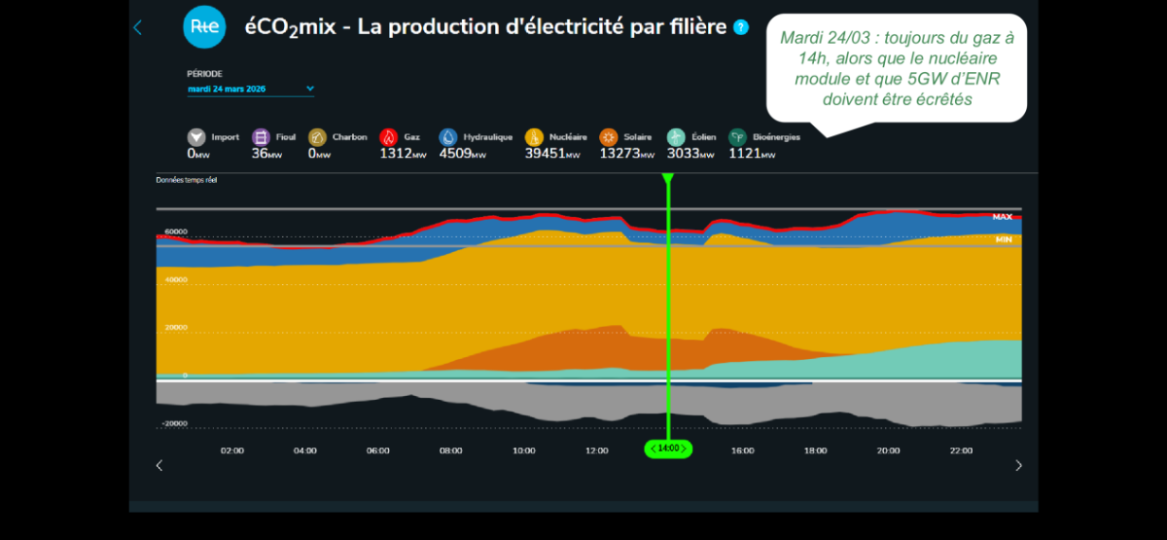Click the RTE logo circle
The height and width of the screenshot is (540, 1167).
pyautogui.click(x=204, y=27)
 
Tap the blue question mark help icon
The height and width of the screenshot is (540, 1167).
pyautogui.click(x=741, y=27)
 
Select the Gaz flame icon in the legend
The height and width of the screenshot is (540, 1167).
pyautogui.click(x=389, y=137)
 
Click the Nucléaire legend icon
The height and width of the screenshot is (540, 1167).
pyautogui.click(x=534, y=137)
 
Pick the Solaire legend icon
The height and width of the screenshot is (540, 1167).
pyautogui.click(x=609, y=137)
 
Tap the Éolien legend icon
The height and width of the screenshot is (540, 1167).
pyautogui.click(x=676, y=137)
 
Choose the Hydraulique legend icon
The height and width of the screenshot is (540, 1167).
pyautogui.click(x=448, y=137)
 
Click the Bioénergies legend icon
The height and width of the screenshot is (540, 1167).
pyautogui.click(x=738, y=137)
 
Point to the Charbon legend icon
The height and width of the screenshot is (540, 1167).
pyautogui.click(x=317, y=137)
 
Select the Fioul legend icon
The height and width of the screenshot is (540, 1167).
pyautogui.click(x=261, y=137)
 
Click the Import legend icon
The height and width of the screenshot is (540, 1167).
pyautogui.click(x=196, y=137)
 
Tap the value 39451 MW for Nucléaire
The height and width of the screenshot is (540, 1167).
pyautogui.click(x=551, y=153)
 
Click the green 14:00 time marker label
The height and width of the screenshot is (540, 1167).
pyautogui.click(x=668, y=449)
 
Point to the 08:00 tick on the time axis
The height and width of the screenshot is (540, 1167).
pyautogui.click(x=450, y=450)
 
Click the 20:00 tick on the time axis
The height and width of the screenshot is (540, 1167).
pyautogui.click(x=888, y=450)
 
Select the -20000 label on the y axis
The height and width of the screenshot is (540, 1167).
pyautogui.click(x=174, y=424)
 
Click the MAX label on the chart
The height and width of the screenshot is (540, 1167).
pyautogui.click(x=1002, y=217)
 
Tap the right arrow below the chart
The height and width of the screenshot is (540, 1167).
pyautogui.click(x=1018, y=465)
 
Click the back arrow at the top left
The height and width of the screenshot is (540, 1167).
pyautogui.click(x=137, y=27)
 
